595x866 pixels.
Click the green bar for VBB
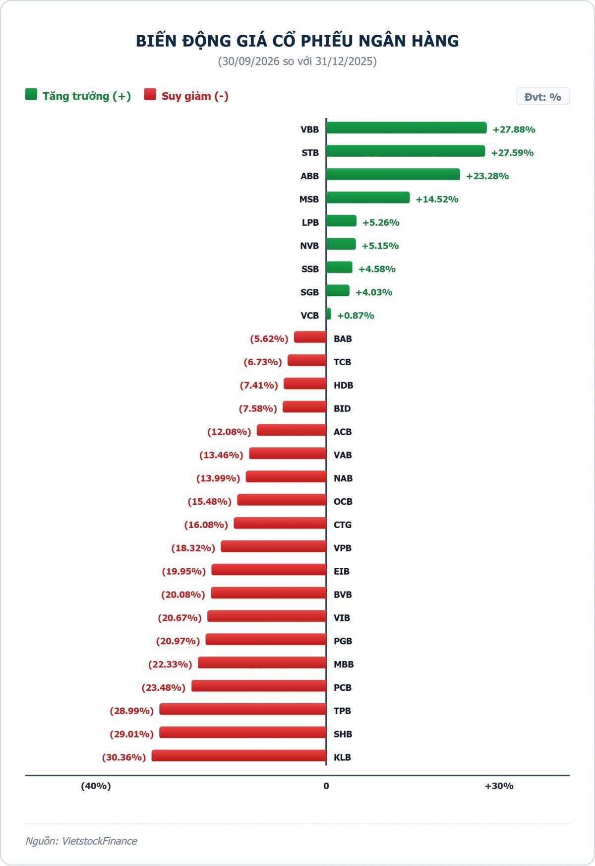(x=407, y=128)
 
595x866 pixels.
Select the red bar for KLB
(x=239, y=756)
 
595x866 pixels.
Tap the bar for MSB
(x=368, y=198)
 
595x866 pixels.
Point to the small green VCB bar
(x=329, y=314)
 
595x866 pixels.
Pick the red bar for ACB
(x=292, y=430)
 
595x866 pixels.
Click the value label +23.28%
(x=487, y=176)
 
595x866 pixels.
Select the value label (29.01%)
(x=131, y=734)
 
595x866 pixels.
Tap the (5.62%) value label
(x=269, y=339)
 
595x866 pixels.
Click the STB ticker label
(x=310, y=153)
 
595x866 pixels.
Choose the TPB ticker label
(x=342, y=711)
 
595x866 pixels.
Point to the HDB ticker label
(x=343, y=386)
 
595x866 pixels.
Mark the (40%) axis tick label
(x=96, y=786)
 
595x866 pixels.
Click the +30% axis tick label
(x=499, y=786)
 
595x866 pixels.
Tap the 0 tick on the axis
(x=326, y=786)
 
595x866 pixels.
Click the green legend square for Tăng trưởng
(x=31, y=94)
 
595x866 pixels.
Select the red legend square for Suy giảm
(x=150, y=94)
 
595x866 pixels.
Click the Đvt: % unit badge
(x=543, y=97)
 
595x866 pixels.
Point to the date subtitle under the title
(x=297, y=62)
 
